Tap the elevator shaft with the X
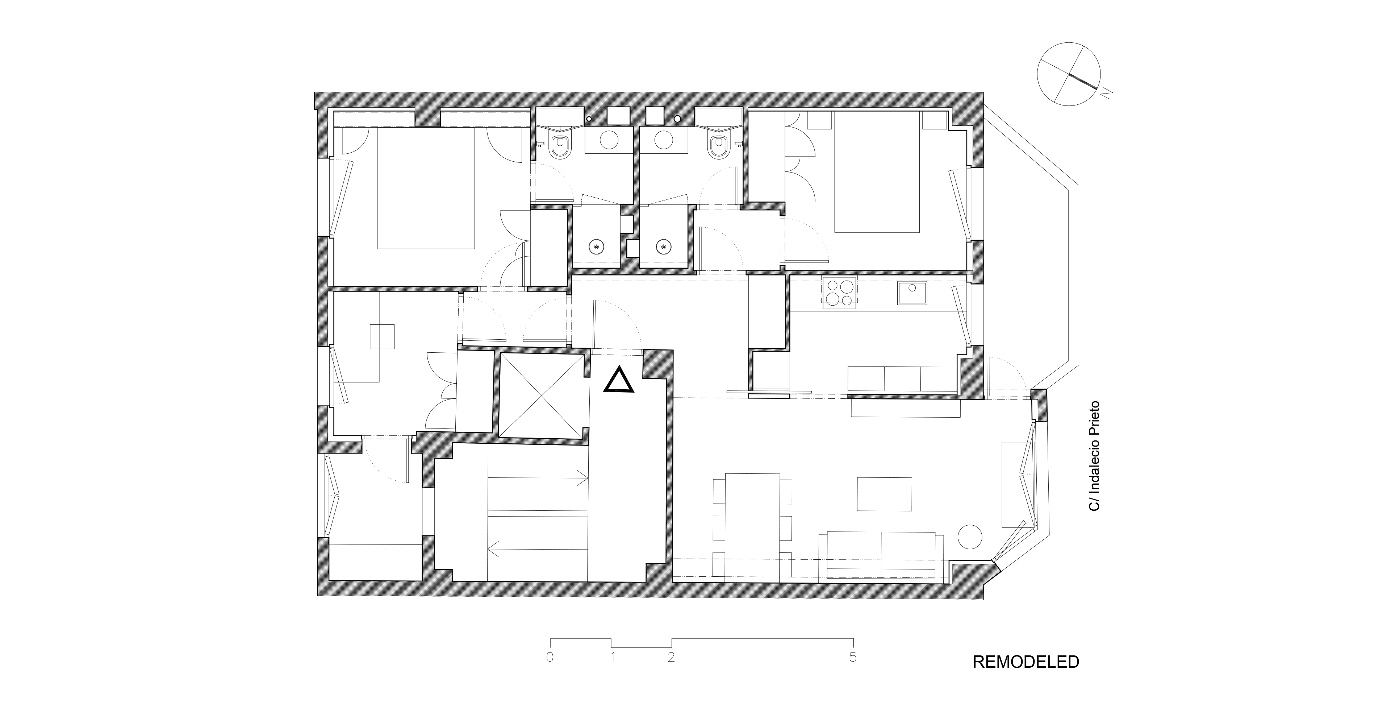541,396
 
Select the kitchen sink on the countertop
912,293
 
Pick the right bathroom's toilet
718,147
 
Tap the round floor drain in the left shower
596,247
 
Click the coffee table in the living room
885,494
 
